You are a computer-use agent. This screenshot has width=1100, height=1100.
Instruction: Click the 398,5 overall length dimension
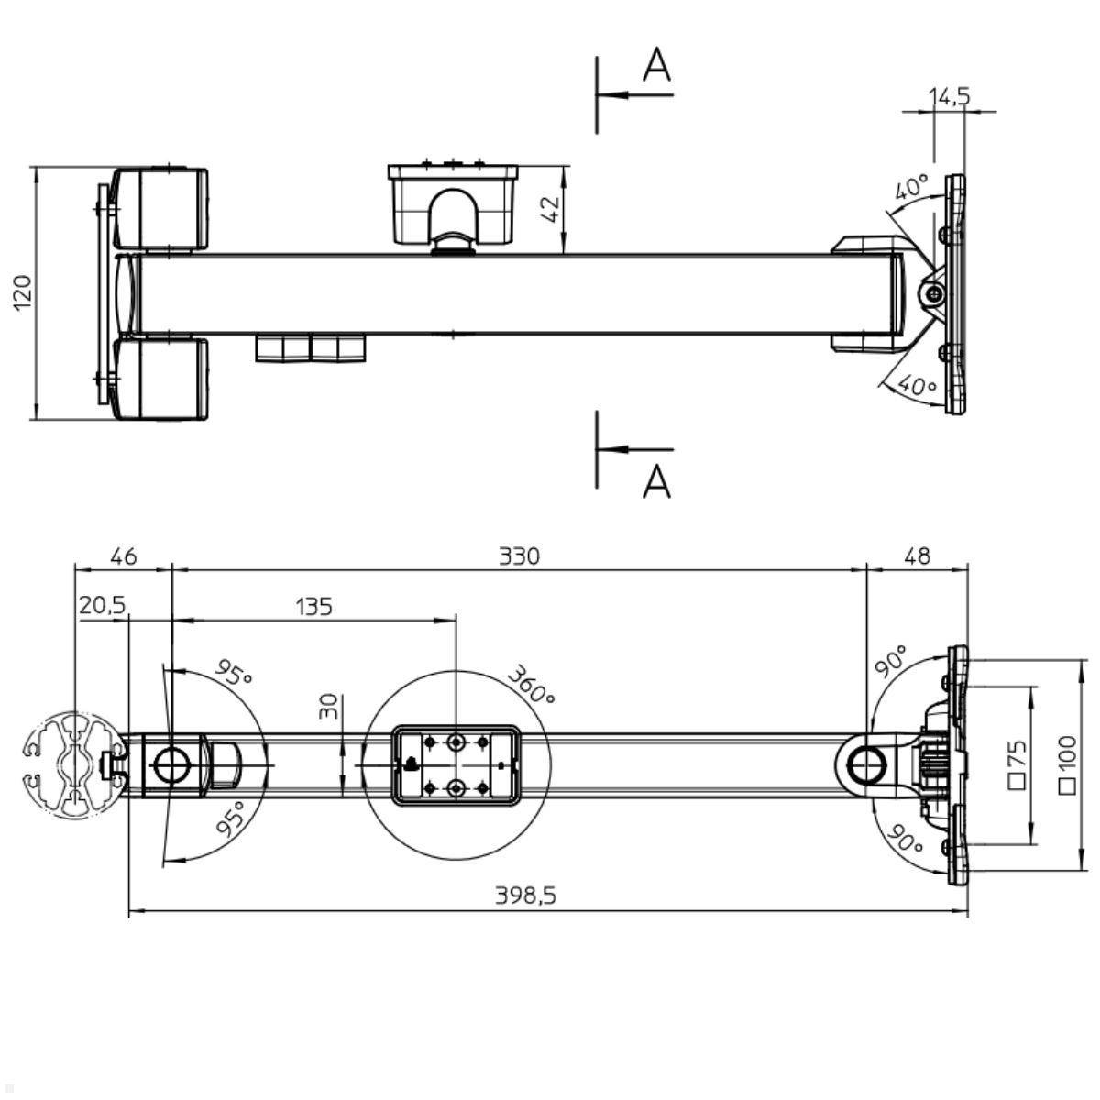coord(525,896)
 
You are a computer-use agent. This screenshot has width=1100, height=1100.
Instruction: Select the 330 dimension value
coord(519,555)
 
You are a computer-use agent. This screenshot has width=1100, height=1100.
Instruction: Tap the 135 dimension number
coord(313,606)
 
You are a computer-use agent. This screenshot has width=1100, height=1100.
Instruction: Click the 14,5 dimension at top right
coord(949,96)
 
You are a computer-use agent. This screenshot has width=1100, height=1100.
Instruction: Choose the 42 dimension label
coord(549,209)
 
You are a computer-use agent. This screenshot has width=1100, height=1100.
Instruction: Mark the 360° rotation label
coord(531,685)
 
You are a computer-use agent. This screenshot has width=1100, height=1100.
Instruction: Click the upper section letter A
coord(656,65)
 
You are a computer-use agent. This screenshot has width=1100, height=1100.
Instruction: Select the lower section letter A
coord(656,480)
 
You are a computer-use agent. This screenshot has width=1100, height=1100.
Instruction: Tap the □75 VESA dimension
coord(1017,764)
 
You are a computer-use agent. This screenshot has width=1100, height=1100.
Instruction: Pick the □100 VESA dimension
coord(1066,764)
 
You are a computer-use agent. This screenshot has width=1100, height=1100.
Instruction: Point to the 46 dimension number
coord(122,555)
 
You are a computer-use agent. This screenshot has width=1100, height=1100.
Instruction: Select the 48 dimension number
coord(917,555)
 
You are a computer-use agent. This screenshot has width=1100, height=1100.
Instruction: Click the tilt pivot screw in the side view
coord(933,293)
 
